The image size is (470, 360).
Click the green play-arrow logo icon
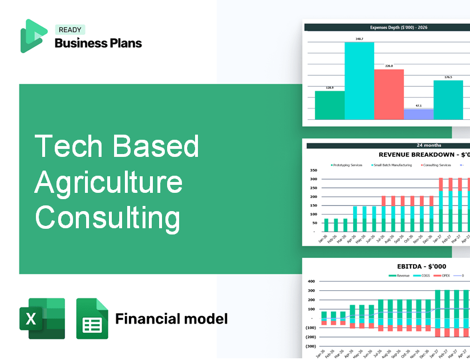33,36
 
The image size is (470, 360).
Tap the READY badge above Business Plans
70,30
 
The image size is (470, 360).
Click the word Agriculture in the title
108,183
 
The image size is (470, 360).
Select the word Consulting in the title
107,219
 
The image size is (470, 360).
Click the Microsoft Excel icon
42,318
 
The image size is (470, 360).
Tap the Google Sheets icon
92,318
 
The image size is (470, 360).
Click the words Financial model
171,318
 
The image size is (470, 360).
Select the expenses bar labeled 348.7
359,80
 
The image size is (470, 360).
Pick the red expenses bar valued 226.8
388,94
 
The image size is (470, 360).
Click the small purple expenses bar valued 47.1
418,114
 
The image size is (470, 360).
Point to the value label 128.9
330,88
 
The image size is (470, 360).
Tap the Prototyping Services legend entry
347,165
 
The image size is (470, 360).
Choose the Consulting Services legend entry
436,165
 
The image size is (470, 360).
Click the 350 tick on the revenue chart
313,170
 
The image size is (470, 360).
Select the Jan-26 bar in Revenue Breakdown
326,225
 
